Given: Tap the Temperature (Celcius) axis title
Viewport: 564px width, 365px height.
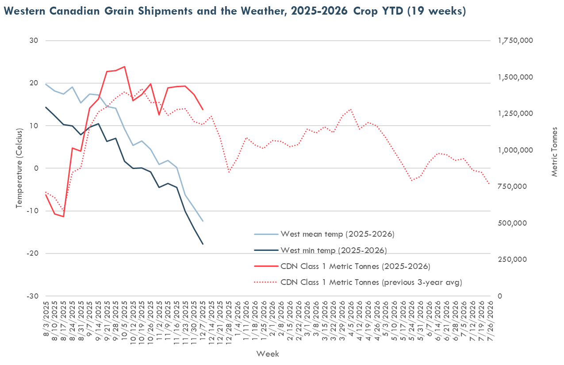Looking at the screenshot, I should (x=19, y=168).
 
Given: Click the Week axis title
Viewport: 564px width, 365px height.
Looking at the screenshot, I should (x=268, y=353).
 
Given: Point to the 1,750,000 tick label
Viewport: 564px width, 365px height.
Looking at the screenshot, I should (x=515, y=41).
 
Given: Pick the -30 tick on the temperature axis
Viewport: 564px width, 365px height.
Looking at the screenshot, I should (x=34, y=296).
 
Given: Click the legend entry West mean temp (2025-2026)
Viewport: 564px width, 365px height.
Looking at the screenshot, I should (x=337, y=234).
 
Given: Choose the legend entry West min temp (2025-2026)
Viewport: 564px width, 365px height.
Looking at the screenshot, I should (x=334, y=250).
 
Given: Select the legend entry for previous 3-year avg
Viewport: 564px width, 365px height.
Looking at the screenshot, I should (x=371, y=282).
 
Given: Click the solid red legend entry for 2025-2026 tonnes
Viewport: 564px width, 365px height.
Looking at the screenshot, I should (x=355, y=266).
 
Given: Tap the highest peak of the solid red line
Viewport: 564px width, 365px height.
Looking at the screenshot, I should (x=124, y=67).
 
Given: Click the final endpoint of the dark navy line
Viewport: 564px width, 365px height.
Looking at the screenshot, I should (x=203, y=244).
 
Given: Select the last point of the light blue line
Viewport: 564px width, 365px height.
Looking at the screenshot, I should (x=203, y=221).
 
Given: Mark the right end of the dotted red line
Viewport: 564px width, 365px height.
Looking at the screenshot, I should (x=489, y=184).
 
